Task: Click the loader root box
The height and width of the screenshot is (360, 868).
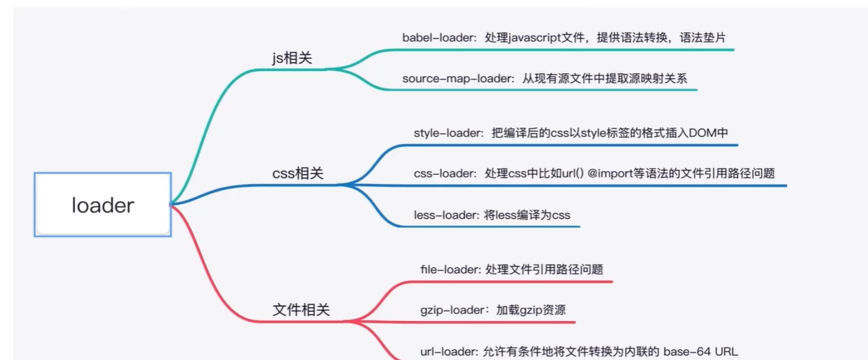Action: point(102,205)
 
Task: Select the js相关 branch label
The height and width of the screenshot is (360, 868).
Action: point(292,58)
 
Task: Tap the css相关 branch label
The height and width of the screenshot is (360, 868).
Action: point(297,173)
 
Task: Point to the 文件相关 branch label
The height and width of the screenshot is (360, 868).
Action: point(301,310)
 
